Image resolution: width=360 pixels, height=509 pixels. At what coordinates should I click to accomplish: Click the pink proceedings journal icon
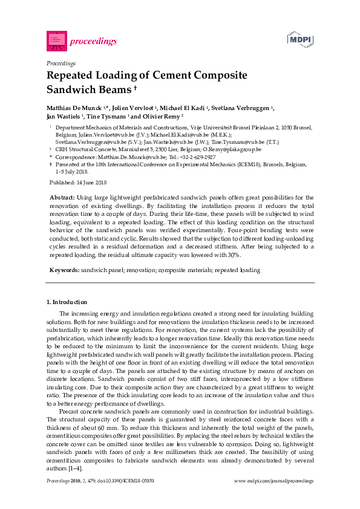pyautogui.click(x=56, y=41)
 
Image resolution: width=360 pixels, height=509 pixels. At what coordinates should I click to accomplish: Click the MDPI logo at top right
pyautogui.click(x=299, y=39)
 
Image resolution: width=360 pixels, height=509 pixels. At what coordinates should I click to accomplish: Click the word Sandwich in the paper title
pyautogui.click(x=73, y=89)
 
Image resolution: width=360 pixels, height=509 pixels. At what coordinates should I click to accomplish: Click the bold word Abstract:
pyautogui.click(x=61, y=198)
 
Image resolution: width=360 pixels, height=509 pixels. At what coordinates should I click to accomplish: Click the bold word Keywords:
pyautogui.click(x=64, y=270)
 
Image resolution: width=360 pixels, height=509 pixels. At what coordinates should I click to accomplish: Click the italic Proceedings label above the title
pyautogui.click(x=61, y=63)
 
